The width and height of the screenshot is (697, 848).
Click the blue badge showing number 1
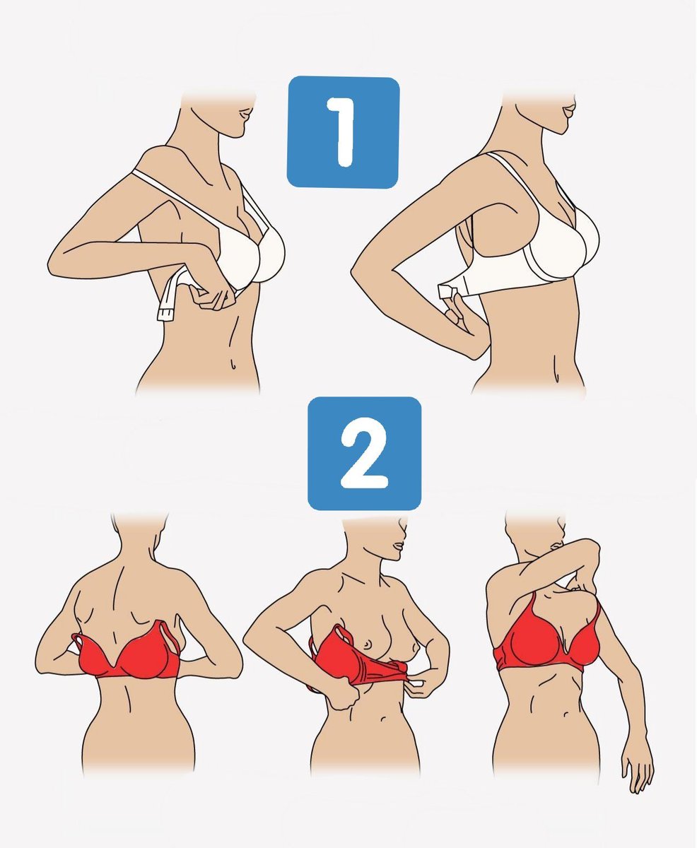(343, 132)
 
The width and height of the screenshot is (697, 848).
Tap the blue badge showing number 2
(364, 454)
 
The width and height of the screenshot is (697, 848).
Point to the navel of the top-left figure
(233, 364)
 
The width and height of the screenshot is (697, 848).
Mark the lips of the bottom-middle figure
(399, 546)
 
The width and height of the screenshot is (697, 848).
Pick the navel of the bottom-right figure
(566, 714)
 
